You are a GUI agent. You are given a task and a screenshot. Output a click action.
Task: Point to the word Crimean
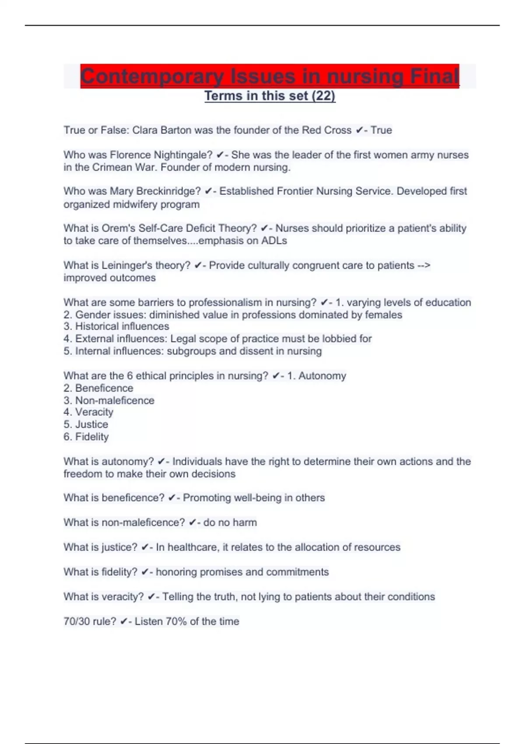coord(109,167)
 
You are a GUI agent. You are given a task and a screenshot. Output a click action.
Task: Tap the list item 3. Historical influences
coord(116,326)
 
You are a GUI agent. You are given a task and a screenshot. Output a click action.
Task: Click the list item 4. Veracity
coord(88,412)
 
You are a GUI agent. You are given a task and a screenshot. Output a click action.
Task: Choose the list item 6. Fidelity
coord(86,436)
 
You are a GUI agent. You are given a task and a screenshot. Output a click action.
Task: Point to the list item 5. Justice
coord(86,424)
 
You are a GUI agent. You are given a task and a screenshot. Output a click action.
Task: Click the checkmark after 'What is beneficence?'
coord(172,498)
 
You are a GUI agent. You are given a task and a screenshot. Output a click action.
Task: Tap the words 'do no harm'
coord(230,522)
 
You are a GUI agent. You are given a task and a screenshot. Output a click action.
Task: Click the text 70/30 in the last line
coord(77,621)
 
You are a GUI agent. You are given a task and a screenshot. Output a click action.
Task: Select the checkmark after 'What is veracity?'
coord(151,597)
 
